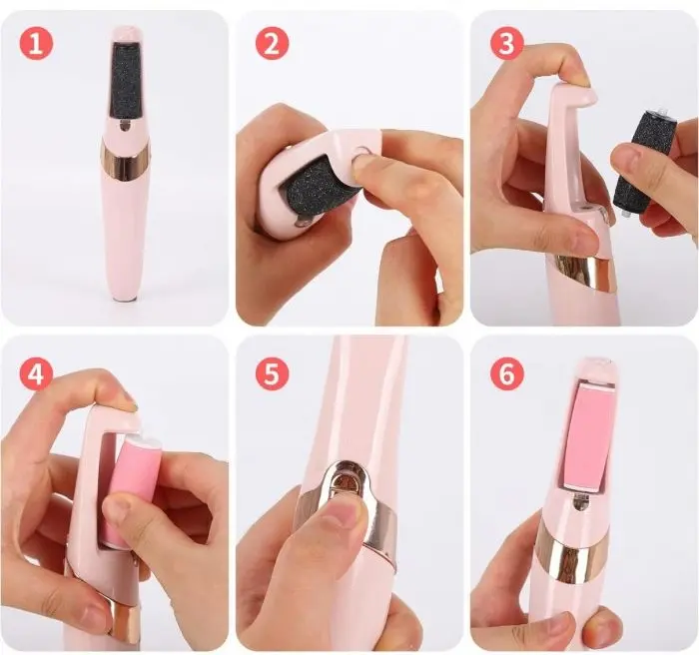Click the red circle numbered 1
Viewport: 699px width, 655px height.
[36, 44]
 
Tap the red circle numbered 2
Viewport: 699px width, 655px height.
[272, 44]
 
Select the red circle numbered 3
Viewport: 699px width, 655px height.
[507, 44]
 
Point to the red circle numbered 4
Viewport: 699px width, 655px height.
[36, 373]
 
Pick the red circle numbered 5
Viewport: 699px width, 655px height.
[272, 373]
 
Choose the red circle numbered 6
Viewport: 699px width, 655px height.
[507, 373]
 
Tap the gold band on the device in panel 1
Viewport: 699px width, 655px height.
[126, 162]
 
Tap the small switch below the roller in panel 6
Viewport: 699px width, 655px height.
[580, 506]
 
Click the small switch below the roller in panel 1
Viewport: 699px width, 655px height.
[125, 127]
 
